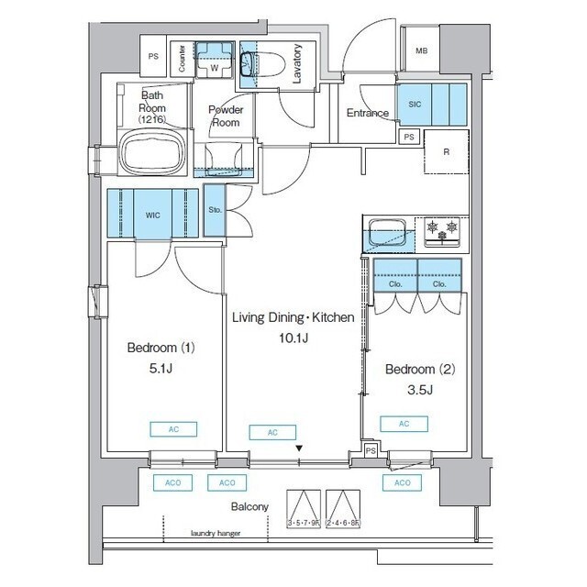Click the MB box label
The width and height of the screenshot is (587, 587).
[x=421, y=51]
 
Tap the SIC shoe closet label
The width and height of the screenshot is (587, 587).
[x=415, y=105]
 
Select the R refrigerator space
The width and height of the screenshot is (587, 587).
[x=446, y=152]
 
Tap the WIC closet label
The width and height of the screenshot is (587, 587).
[x=152, y=214]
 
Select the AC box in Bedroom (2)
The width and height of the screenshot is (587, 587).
[x=404, y=424]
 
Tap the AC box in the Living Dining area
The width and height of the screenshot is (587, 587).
[x=273, y=432]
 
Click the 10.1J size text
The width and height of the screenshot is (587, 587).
[x=293, y=338]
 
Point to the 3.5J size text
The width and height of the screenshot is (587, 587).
[x=418, y=390]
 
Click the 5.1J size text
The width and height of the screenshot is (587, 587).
[x=161, y=370]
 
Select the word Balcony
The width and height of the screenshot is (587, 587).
[x=249, y=506]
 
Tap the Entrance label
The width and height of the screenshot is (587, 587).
[x=367, y=114]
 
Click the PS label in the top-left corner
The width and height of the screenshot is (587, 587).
[x=154, y=57]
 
